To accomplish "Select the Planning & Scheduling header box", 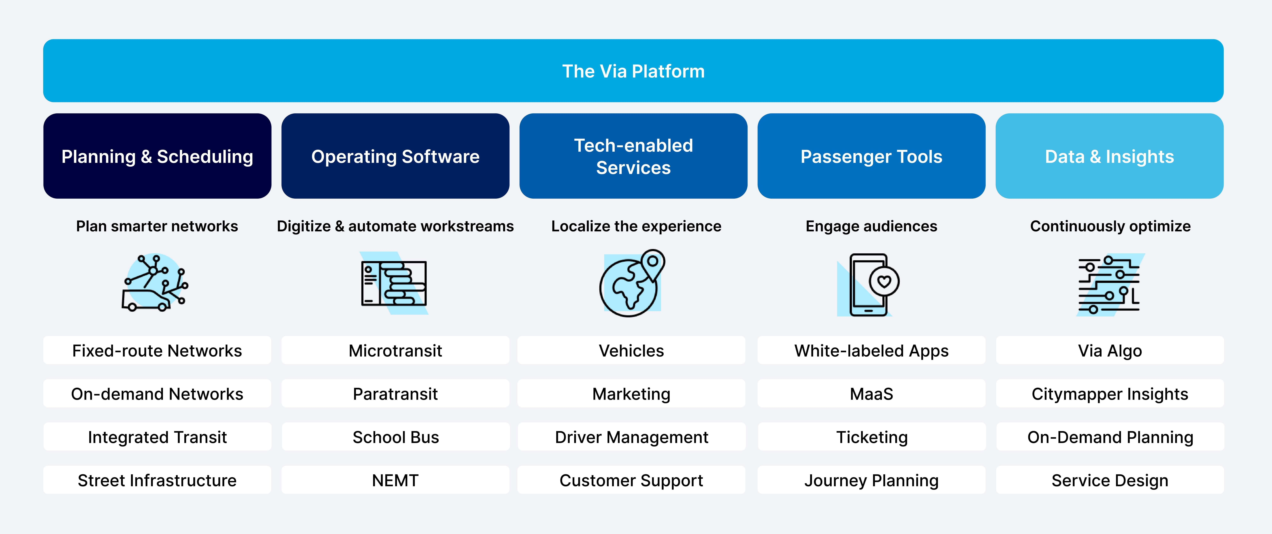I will pos(157,156).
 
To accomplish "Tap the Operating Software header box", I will pos(395,156).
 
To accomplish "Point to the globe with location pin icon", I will pos(632,283).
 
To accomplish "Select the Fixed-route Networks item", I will pos(157,351).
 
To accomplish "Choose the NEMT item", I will pos(395,480).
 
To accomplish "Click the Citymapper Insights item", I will pos(1110,394).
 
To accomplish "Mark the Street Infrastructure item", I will pos(157,480).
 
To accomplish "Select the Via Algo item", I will pos(1110,351).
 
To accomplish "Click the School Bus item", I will pos(395,437).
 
